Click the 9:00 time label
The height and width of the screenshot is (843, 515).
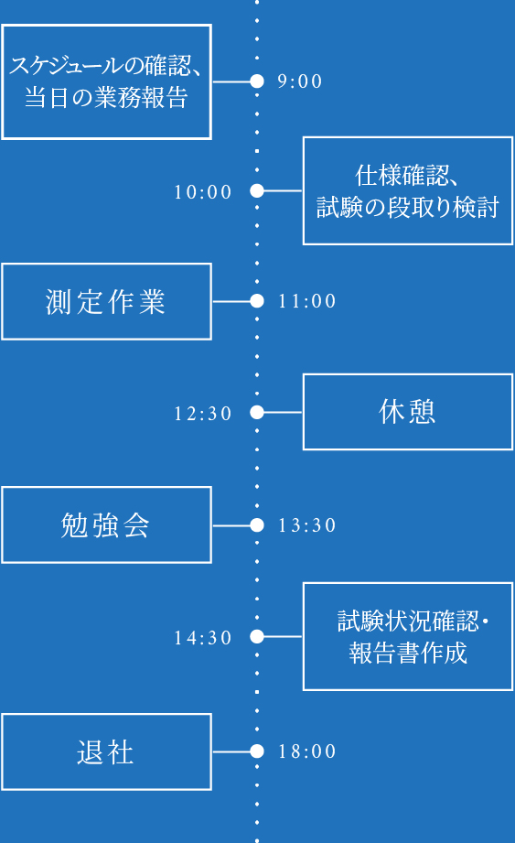point(300,81)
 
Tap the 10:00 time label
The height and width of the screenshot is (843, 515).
point(203,192)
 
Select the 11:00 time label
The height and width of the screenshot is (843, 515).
point(307,301)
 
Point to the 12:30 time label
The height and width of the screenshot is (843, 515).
point(203,414)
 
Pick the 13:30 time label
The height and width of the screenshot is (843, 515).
point(307,526)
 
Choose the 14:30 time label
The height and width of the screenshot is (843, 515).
point(203,638)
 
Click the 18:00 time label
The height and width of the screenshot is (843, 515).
point(307,751)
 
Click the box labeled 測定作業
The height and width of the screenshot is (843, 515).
point(106,301)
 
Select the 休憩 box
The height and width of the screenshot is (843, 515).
point(408,412)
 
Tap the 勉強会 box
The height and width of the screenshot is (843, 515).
point(106,525)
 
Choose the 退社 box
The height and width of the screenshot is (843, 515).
point(106,751)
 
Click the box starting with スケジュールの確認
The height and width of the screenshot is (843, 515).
point(106,81)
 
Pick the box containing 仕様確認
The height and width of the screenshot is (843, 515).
point(408,191)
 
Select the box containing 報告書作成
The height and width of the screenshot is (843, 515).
point(408,637)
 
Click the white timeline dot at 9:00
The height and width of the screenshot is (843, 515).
point(257,81)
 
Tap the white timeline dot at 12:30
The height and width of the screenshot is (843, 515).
point(257,413)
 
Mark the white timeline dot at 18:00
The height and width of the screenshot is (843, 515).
point(257,751)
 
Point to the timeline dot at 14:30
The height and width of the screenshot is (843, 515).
point(257,637)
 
